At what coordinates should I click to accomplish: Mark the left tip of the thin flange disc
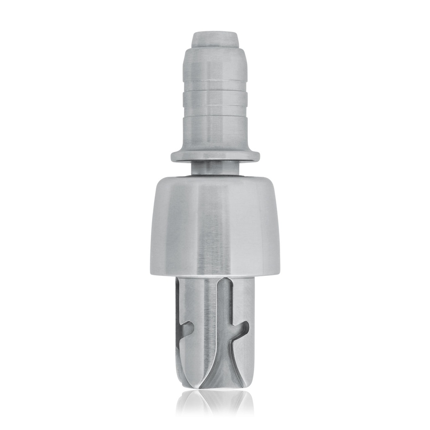point(173,157)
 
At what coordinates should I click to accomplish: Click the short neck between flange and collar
point(215,168)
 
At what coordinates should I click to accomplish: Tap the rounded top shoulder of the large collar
point(215,181)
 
